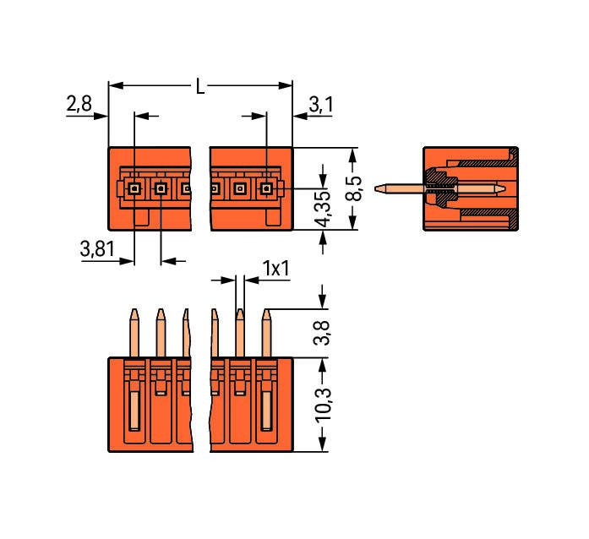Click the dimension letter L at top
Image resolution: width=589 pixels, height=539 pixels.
tap(200, 86)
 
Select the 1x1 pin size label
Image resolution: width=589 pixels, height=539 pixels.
tap(275, 269)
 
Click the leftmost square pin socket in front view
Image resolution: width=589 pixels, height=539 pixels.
tap(134, 188)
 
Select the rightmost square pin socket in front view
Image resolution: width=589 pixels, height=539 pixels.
tap(266, 188)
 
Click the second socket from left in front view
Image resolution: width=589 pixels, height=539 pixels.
tap(160, 188)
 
